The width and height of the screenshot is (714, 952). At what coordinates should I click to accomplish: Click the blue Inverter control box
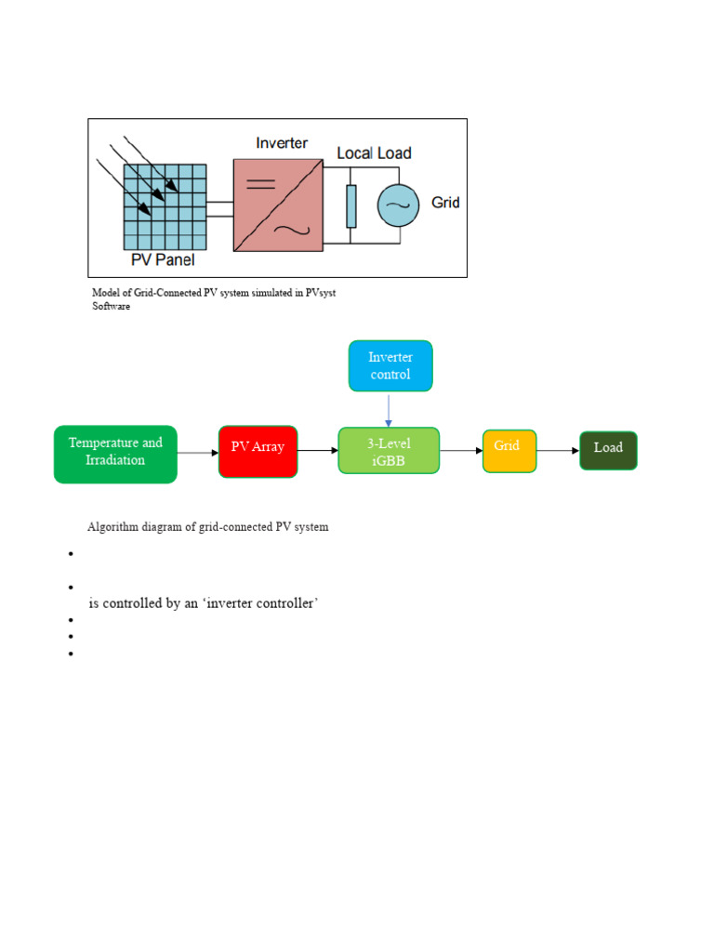[x=390, y=365]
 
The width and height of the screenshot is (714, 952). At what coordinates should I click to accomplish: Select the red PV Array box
[x=258, y=451]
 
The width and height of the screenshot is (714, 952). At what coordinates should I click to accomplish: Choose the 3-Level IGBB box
[x=389, y=451]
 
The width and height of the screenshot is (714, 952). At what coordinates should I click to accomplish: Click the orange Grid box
[x=509, y=450]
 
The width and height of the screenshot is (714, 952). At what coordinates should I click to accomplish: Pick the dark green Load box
[x=608, y=450]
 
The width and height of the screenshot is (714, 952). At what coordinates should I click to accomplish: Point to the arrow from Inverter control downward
[x=389, y=409]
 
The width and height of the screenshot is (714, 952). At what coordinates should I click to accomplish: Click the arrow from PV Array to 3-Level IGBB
[x=318, y=451]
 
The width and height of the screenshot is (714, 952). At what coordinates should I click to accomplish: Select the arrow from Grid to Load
[x=558, y=451]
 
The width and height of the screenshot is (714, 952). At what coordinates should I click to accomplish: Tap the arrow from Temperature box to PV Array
[x=197, y=453]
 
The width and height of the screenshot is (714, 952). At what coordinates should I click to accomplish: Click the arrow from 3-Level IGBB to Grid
[x=460, y=451]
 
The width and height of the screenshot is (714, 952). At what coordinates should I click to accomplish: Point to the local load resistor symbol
[x=350, y=205]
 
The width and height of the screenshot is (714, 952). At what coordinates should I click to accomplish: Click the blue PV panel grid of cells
[x=164, y=203]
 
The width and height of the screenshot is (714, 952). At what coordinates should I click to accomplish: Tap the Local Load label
[x=374, y=152]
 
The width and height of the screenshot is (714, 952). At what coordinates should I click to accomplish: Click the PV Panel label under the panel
[x=162, y=259]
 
